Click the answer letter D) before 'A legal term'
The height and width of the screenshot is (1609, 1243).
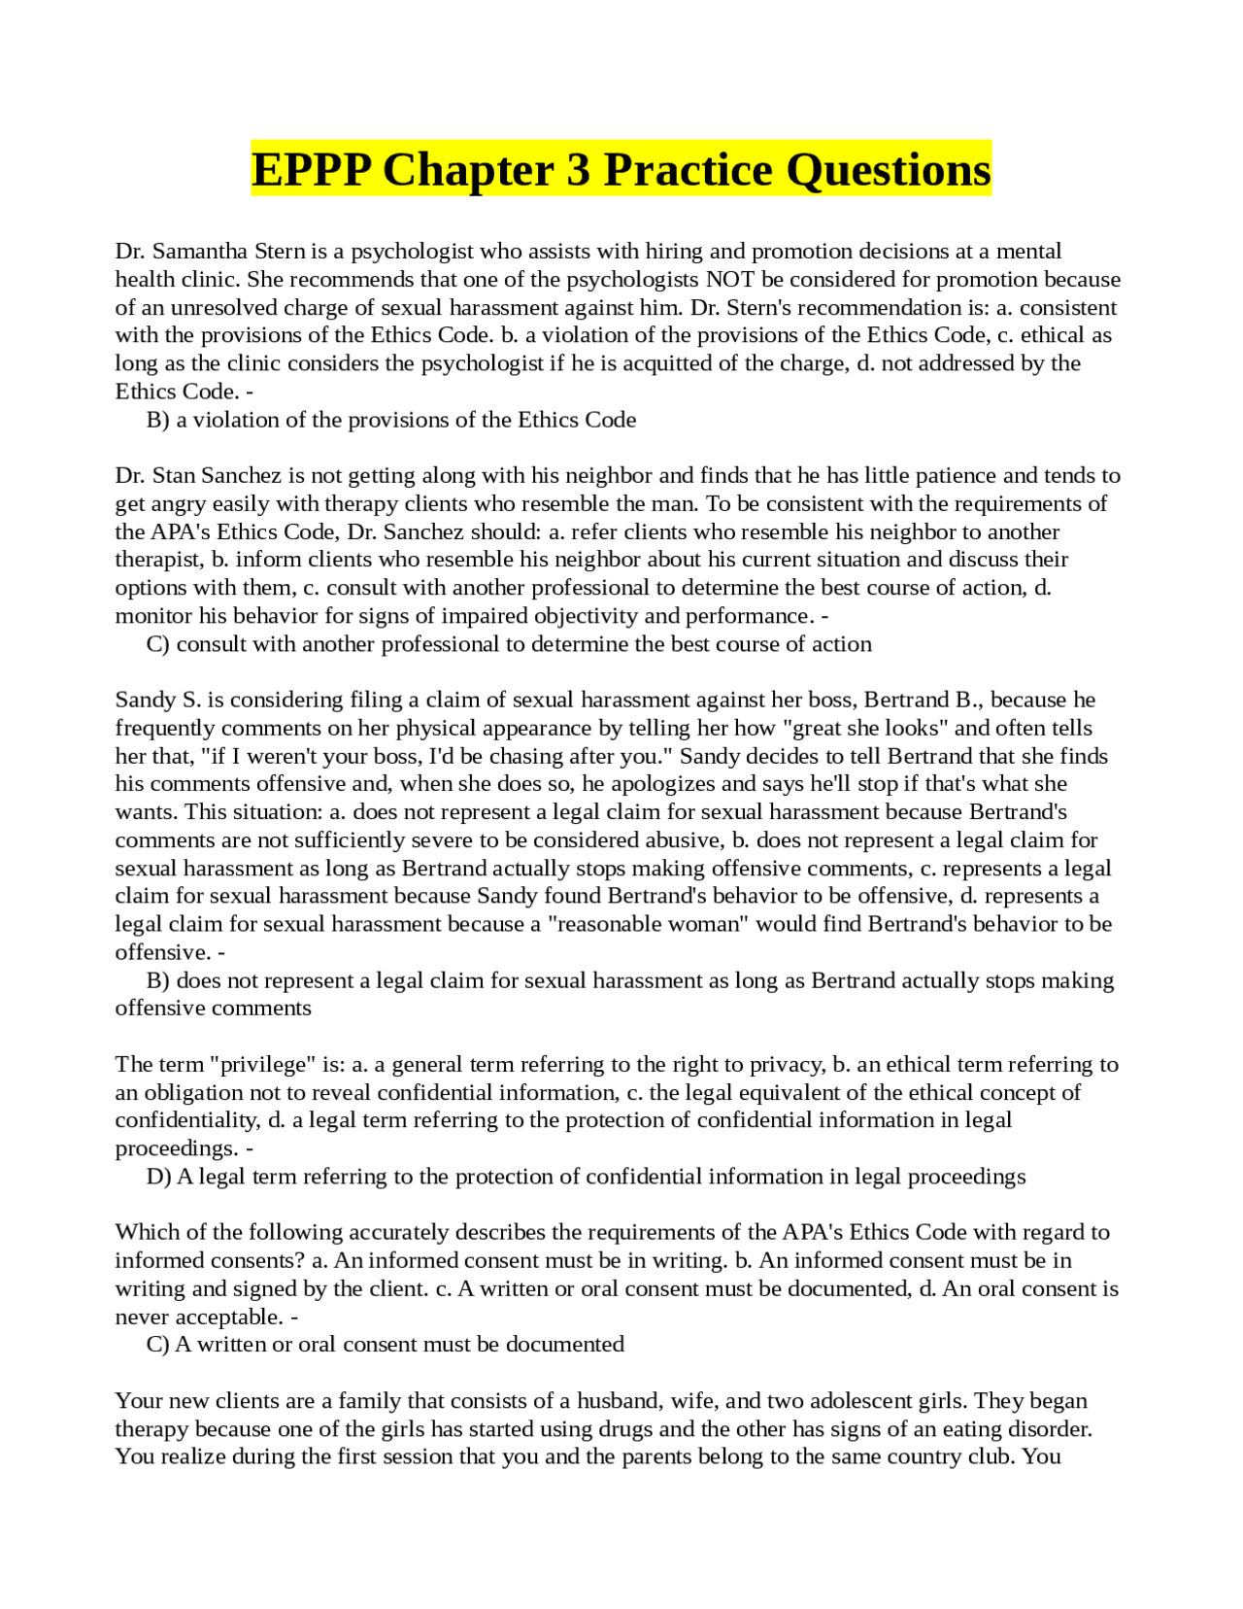click(x=158, y=1177)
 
